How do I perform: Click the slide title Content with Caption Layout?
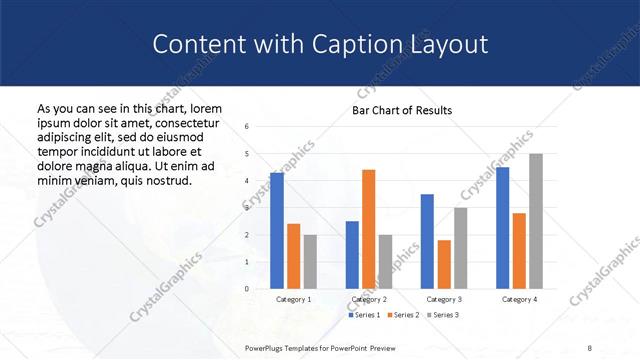click(320, 45)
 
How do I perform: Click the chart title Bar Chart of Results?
click(401, 110)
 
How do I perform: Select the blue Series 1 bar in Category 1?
click(277, 231)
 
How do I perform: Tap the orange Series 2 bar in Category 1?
click(293, 256)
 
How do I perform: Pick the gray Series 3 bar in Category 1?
click(310, 262)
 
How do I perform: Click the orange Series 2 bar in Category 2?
click(368, 229)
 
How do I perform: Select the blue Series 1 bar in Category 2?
click(352, 255)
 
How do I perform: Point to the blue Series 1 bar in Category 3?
click(427, 241)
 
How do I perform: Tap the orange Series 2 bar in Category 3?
click(443, 264)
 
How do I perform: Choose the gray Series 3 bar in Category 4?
click(535, 221)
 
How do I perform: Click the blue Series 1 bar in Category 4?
click(502, 228)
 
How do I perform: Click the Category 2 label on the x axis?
click(368, 299)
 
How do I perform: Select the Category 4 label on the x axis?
click(518, 299)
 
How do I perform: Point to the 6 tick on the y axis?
click(246, 126)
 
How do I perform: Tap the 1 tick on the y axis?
click(246, 262)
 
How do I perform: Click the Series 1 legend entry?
click(363, 315)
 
